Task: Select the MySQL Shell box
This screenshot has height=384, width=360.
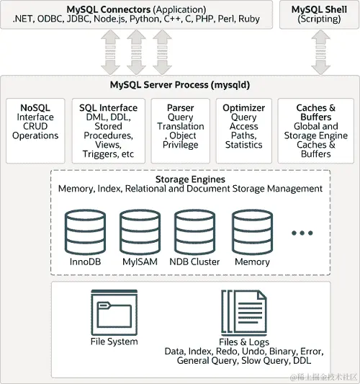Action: (x=319, y=14)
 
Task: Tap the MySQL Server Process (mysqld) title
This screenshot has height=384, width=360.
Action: (x=180, y=85)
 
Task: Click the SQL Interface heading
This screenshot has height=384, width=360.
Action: (x=108, y=108)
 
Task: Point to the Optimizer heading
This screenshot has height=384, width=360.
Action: (x=243, y=108)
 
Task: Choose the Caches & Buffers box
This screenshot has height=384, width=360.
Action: (x=316, y=130)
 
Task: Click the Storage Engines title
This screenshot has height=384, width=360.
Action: (x=190, y=179)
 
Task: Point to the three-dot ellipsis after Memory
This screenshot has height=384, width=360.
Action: (x=302, y=233)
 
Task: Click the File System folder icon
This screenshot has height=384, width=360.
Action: (x=114, y=311)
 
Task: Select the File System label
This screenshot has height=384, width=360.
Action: (x=114, y=341)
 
